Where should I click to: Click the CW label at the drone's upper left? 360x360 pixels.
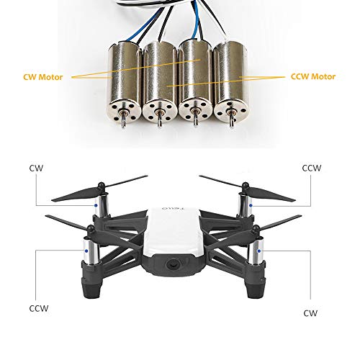[x=36, y=167]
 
